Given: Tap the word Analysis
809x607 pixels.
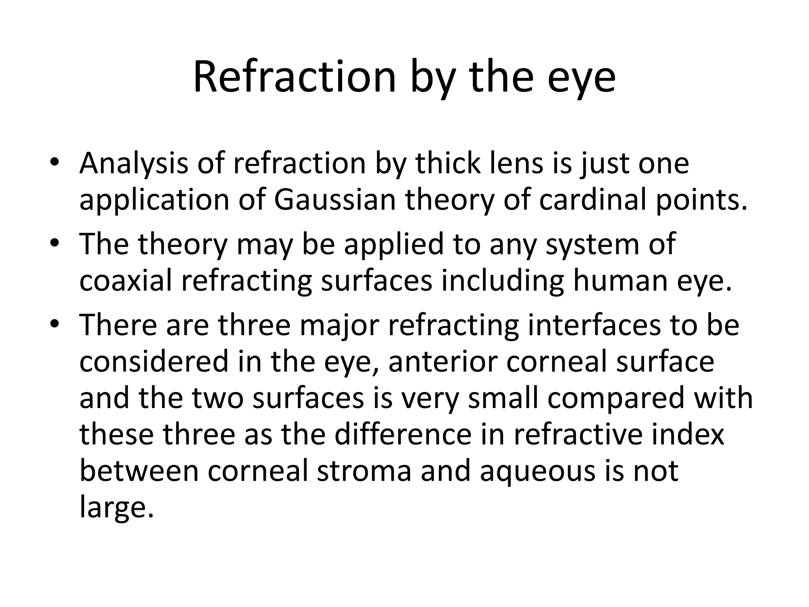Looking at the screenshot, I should [x=134, y=164].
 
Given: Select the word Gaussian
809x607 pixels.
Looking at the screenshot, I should [x=335, y=200].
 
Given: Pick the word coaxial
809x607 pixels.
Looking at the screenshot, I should [x=126, y=280].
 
